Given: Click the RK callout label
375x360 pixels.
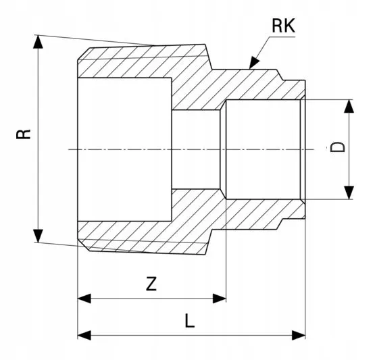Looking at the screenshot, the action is point(283,26).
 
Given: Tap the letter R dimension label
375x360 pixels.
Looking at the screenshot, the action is point(24,134).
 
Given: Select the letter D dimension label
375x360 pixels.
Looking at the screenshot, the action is point(338,147).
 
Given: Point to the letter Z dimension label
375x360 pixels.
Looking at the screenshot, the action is point(151,284).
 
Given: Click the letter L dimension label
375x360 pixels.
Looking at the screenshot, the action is point(190,321).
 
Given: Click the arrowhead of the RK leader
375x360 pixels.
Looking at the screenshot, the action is point(254,63).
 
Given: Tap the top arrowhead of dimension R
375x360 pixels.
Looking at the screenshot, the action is point(38,42).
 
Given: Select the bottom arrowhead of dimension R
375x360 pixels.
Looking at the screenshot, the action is point(38,236).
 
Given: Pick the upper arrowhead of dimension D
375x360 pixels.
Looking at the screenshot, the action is point(349,106).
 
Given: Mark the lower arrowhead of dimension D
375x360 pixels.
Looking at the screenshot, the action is point(349,192).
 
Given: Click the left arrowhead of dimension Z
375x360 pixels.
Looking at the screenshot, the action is point(84,299).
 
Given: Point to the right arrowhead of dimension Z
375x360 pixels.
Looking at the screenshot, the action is point(220,299).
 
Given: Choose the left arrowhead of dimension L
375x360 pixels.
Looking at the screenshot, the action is point(84,335).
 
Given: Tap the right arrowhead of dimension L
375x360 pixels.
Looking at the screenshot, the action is point(299,335).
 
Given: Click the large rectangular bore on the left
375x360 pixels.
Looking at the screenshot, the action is point(124,149).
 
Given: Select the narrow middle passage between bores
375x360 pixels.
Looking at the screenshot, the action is point(196,149).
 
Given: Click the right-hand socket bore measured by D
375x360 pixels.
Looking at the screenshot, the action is point(263,149).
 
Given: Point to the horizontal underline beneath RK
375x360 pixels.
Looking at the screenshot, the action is point(282,37).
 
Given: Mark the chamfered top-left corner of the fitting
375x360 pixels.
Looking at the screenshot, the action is point(84,53).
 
